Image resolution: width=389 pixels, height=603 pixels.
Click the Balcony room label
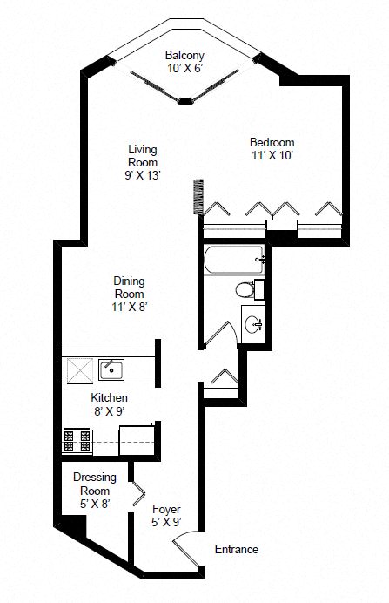click(x=185, y=54)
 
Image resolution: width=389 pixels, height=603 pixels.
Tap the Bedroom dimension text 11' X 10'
click(x=272, y=157)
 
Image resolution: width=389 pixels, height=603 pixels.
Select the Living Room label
click(x=141, y=156)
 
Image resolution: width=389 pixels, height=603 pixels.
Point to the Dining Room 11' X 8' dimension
click(x=129, y=308)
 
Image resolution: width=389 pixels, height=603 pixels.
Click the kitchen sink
click(x=111, y=369)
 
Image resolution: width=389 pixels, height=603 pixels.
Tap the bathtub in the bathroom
click(x=231, y=260)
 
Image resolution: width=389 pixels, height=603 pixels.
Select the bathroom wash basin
click(x=254, y=325)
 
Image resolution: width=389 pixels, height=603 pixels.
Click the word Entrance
click(x=237, y=550)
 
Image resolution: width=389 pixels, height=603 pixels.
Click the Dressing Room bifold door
click(x=137, y=494)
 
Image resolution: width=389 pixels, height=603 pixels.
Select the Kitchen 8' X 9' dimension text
click(x=110, y=412)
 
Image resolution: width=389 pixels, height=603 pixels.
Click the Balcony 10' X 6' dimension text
click(x=185, y=69)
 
